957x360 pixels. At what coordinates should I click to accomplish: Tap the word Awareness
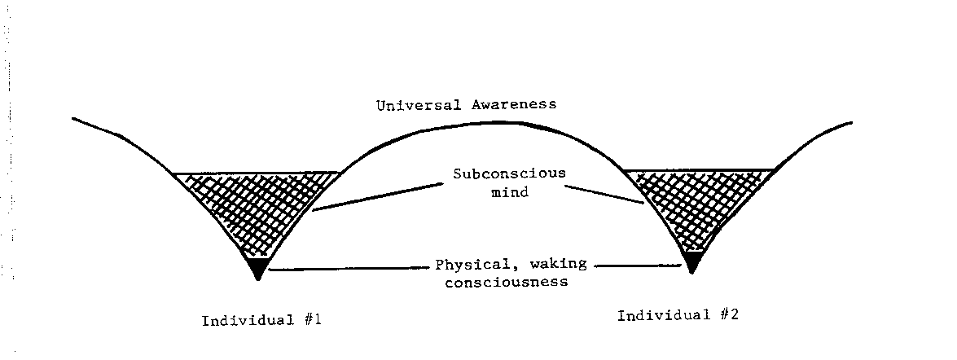click(518, 105)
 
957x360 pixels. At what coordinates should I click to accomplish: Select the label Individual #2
click(677, 314)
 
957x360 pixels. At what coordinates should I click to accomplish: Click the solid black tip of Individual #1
click(257, 267)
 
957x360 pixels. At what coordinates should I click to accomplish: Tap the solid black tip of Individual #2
click(692, 262)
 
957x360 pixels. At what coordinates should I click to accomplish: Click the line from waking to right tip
click(635, 265)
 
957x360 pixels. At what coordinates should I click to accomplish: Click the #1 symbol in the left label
click(313, 320)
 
